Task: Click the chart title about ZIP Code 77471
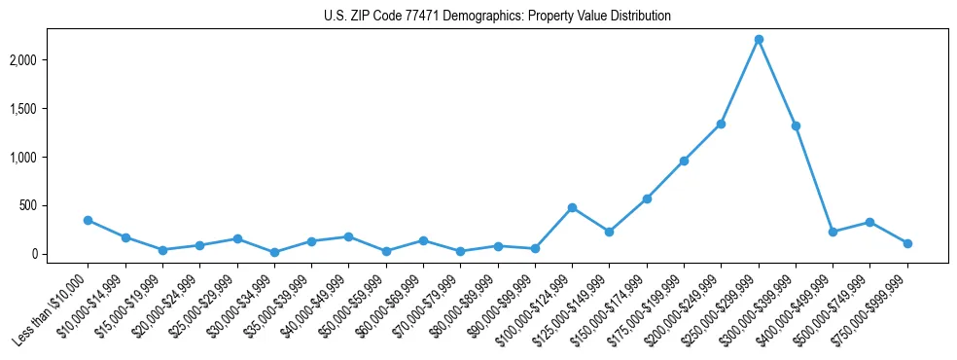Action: pos(497,17)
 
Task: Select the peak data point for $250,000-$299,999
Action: pos(759,39)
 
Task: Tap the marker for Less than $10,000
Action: pos(89,220)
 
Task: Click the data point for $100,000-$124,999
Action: pos(572,207)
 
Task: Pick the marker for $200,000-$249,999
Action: pos(721,124)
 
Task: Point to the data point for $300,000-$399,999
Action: pos(796,126)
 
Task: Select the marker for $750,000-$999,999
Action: pos(907,243)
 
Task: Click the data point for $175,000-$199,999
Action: pos(684,161)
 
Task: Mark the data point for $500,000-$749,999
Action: pos(869,222)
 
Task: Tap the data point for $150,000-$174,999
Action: pos(647,198)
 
